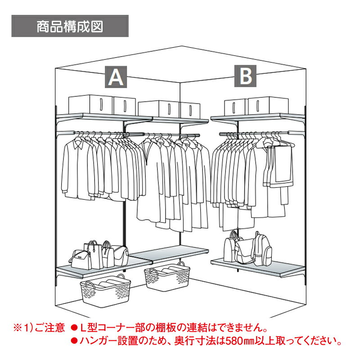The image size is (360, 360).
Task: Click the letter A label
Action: click(116, 77)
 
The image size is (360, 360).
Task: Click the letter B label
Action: click(245, 76)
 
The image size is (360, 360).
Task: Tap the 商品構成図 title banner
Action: click(70, 26)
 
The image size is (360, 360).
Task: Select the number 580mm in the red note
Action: click(240, 341)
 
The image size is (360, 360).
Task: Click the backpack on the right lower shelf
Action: click(261, 249)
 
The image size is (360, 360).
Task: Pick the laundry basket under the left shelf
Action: click(105, 290)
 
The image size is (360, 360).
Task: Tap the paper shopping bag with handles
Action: click(94, 254)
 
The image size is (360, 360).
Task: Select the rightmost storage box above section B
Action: click(268, 106)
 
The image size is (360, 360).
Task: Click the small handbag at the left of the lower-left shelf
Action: click(80, 260)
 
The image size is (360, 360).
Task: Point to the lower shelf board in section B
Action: click(258, 267)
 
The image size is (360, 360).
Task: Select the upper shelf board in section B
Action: click(258, 117)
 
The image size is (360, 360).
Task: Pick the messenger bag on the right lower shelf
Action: click(244, 252)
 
